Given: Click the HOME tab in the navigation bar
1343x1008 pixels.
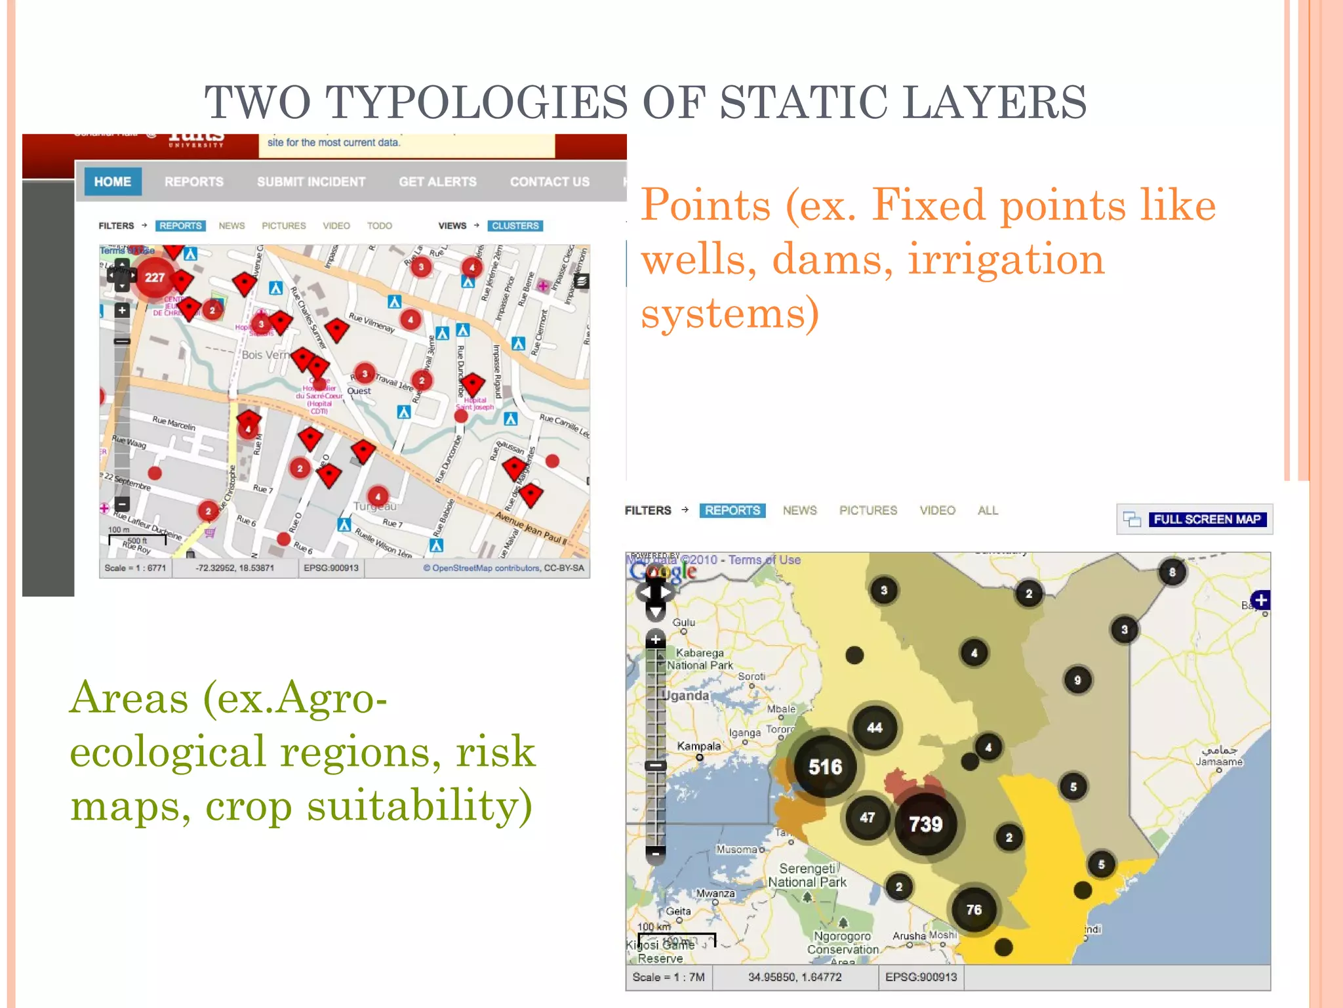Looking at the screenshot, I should [112, 182].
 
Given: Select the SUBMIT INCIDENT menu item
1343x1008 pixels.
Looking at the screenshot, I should [311, 182].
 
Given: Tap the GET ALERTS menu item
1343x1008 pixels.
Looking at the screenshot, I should [437, 182].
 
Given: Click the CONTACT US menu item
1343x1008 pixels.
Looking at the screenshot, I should [550, 182].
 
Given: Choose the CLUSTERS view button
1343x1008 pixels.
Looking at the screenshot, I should [515, 226].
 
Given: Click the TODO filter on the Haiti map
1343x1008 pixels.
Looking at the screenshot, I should [379, 226].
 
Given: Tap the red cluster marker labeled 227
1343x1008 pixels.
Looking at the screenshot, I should [155, 278].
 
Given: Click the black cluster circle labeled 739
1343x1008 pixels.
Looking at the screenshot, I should [925, 824].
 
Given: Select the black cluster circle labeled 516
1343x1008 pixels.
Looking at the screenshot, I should [825, 766].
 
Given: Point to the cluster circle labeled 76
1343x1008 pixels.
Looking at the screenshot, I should [974, 910].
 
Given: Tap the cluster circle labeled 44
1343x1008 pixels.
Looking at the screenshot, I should [875, 727].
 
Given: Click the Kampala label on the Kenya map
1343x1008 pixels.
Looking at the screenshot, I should [698, 746].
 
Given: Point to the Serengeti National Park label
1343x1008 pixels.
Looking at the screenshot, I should [807, 875].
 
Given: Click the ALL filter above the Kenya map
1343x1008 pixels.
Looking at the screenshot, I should [988, 511].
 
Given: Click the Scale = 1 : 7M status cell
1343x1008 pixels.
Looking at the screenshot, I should [668, 977].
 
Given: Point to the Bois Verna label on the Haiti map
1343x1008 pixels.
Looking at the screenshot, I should [265, 355].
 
